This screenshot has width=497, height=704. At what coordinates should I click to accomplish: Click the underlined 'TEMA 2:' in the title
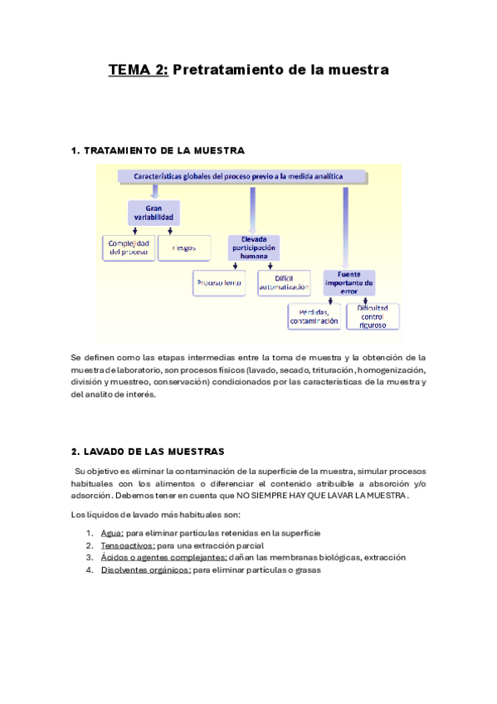click(138, 71)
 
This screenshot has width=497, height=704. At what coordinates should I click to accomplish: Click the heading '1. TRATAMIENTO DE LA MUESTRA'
click(158, 150)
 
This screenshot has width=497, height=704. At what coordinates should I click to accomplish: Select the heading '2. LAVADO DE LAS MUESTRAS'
click(148, 452)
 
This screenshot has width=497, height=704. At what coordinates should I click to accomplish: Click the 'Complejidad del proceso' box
click(129, 247)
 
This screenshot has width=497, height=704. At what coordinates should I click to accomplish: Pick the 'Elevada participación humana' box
click(253, 247)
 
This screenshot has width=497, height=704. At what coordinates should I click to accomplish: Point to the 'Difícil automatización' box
click(284, 284)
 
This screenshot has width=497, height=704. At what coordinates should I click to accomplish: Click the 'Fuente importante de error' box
click(349, 282)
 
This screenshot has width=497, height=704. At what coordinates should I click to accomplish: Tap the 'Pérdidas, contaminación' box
click(313, 316)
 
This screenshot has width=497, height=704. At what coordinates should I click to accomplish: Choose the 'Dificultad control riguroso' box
click(373, 315)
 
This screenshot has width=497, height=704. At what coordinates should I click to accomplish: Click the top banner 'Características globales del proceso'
click(241, 176)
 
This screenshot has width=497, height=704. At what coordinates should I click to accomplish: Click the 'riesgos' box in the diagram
click(184, 247)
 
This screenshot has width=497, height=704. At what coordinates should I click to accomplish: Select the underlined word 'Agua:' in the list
click(112, 533)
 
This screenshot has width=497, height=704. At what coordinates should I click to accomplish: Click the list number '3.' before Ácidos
click(90, 558)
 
